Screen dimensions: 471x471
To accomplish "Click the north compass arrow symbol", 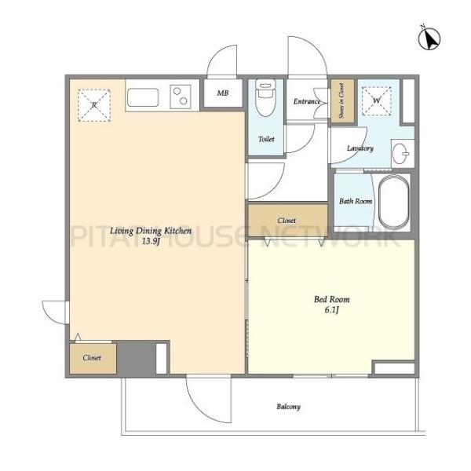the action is (x=429, y=38).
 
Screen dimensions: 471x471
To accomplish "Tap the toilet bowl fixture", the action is (x=265, y=97).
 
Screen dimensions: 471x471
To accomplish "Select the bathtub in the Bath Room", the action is (x=393, y=203).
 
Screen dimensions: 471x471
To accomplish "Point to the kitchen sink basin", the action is (x=143, y=97).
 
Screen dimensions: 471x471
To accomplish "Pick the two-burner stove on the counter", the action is (x=181, y=97).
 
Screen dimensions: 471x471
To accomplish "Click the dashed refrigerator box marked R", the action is (x=94, y=105).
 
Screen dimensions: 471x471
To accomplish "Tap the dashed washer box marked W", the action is (x=377, y=101).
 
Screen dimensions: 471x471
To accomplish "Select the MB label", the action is (x=223, y=93).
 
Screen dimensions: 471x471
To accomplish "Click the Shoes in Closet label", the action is (x=341, y=100).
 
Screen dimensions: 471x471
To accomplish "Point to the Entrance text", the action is (x=307, y=101).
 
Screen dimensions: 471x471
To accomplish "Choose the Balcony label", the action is (x=288, y=407).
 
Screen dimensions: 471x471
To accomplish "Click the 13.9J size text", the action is (x=151, y=241).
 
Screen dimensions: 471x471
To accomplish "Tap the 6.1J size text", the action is (x=331, y=310).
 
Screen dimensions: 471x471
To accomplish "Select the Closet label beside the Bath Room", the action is (x=287, y=221).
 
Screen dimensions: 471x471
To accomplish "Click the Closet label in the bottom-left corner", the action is (x=92, y=358).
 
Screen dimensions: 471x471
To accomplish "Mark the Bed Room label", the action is (x=332, y=299).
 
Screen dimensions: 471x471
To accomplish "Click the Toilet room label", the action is (x=266, y=139).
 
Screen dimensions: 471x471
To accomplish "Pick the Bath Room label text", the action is (x=356, y=201).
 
